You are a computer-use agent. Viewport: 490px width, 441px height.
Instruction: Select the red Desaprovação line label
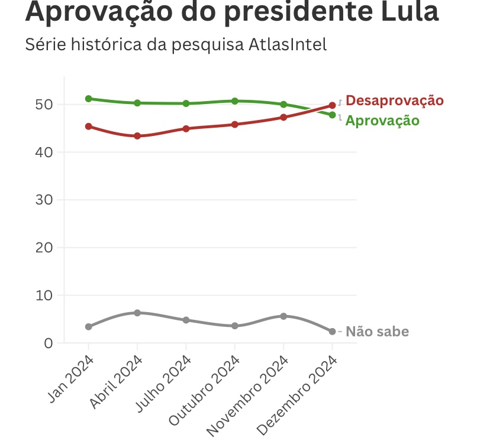click(x=394, y=100)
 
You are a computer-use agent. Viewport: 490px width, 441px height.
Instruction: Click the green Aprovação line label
click(x=382, y=121)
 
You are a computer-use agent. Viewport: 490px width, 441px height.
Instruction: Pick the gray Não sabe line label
click(x=377, y=332)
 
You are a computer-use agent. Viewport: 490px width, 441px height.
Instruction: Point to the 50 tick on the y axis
click(x=44, y=105)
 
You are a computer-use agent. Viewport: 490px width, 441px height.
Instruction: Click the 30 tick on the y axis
click(x=44, y=200)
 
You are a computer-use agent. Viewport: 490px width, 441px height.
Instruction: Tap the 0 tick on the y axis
click(x=49, y=343)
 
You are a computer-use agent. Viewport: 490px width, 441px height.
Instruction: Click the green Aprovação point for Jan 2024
click(x=89, y=99)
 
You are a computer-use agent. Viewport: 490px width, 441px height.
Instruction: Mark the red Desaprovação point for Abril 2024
click(x=137, y=136)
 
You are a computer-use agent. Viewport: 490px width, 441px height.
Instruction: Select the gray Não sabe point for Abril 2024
click(x=137, y=313)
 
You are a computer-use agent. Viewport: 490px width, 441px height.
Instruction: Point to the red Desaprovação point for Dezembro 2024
click(x=332, y=105)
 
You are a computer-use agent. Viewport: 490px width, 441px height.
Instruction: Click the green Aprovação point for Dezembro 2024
click(x=332, y=115)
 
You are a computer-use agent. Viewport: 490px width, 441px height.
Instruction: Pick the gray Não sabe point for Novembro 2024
click(x=283, y=316)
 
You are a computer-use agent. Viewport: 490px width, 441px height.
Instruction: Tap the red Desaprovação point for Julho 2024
click(x=186, y=128)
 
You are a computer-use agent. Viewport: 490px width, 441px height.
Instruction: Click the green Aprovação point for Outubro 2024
click(x=235, y=101)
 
